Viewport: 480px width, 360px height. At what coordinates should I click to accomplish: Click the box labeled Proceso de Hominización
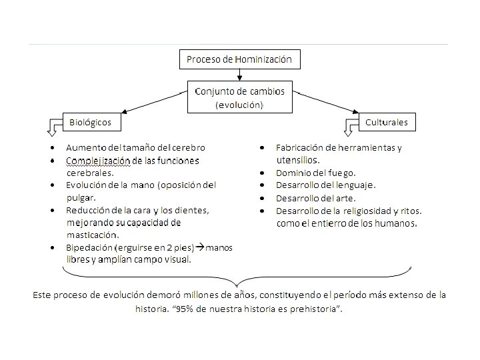(x=239, y=59)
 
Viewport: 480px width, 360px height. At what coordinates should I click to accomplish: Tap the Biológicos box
(x=91, y=122)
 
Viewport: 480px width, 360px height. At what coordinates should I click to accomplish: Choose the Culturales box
(x=387, y=122)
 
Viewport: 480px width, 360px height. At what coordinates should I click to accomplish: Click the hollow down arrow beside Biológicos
(x=53, y=125)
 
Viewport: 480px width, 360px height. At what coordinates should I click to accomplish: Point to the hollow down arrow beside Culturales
(x=352, y=125)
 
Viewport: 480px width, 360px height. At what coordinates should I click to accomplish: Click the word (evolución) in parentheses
(x=239, y=105)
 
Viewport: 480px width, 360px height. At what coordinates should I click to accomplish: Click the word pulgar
(x=81, y=197)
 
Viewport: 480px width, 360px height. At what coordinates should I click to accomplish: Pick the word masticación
(x=92, y=235)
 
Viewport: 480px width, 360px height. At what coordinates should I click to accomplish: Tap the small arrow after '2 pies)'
(x=200, y=247)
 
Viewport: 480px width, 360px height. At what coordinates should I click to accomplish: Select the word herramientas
(x=364, y=147)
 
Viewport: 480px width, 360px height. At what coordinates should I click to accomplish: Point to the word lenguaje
(x=355, y=185)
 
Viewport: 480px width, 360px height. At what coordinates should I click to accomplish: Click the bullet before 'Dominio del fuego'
(x=263, y=172)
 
